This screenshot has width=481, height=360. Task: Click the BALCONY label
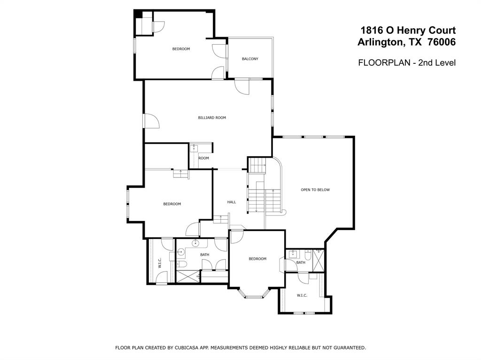click(250, 59)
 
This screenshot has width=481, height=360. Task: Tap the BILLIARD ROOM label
click(212, 118)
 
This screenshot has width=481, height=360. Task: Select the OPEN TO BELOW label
click(315, 190)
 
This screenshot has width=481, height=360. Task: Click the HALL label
click(232, 202)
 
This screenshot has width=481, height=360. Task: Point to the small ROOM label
click(204, 158)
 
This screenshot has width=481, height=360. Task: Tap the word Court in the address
click(441, 31)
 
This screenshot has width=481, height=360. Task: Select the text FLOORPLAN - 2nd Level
click(407, 63)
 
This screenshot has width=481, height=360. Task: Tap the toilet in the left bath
click(182, 264)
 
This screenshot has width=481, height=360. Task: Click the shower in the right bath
click(318, 260)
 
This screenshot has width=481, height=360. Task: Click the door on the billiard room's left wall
click(152, 121)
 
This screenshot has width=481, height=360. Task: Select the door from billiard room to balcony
click(242, 87)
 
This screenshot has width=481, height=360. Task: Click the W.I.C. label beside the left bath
click(160, 263)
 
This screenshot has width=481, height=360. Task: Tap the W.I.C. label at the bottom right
click(302, 296)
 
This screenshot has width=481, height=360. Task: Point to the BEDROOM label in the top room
click(181, 49)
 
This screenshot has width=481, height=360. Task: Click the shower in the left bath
click(188, 276)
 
